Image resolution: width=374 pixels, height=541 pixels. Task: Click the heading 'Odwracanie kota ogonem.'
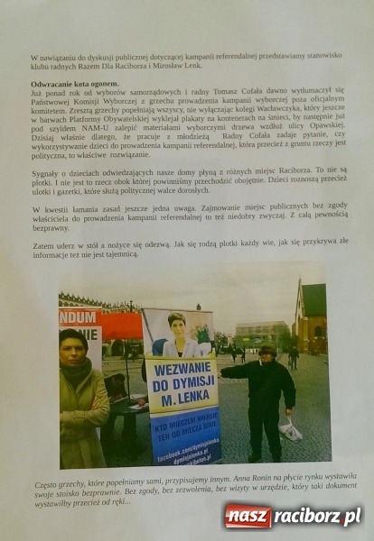(x=61, y=83)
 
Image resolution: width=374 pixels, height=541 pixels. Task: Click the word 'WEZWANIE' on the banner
(x=183, y=370)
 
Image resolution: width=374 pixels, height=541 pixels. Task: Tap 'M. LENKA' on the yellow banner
(x=183, y=402)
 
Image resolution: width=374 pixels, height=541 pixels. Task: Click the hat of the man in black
(x=267, y=347)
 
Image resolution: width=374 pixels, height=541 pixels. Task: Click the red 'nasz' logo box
(x=248, y=517)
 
